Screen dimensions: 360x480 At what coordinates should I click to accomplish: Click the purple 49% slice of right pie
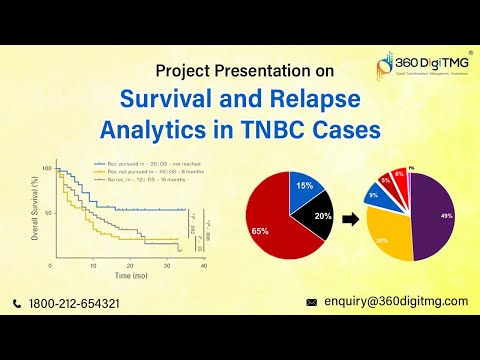[439, 214]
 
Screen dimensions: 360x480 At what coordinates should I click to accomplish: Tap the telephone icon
[18, 303]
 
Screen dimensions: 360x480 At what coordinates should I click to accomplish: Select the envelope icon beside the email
[311, 301]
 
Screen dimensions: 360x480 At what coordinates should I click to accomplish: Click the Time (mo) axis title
[131, 273]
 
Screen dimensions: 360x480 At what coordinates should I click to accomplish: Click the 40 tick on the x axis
[204, 265]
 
